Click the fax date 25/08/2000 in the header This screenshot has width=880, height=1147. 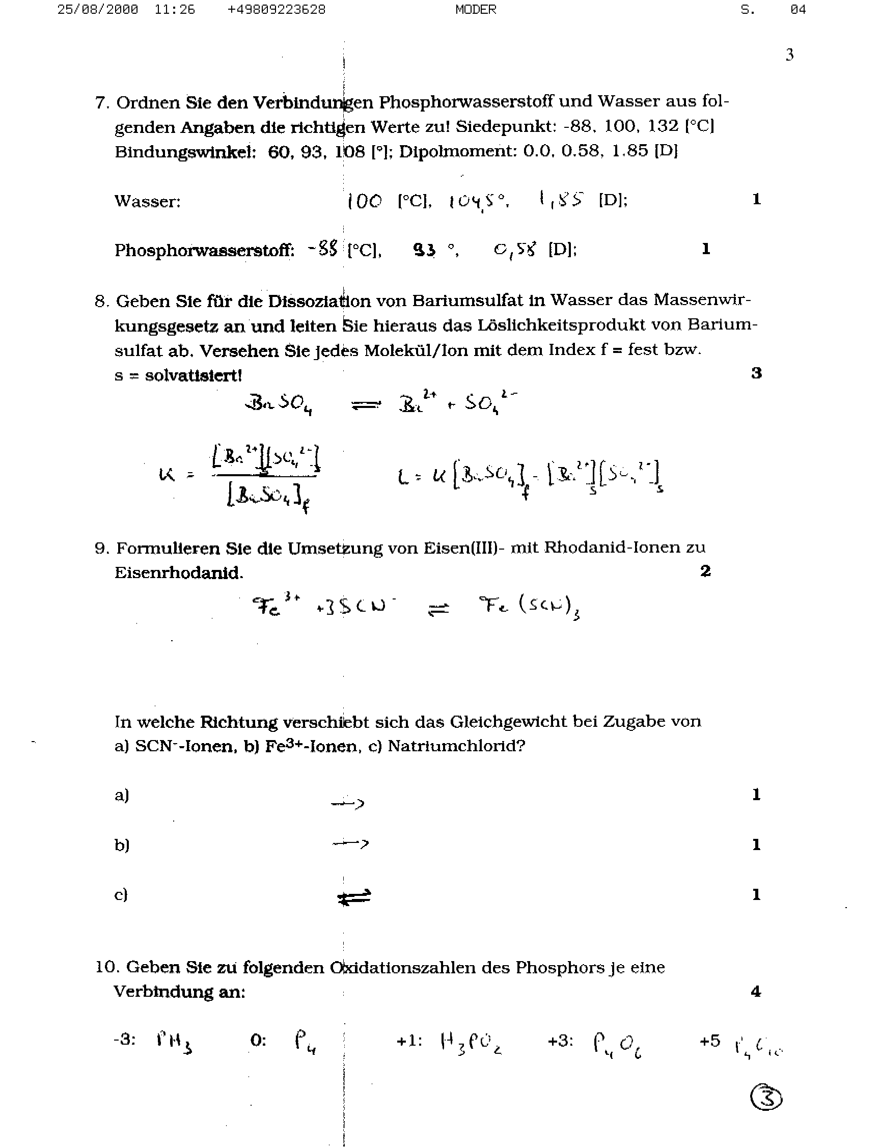coord(97,10)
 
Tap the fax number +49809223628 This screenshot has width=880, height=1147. coord(276,10)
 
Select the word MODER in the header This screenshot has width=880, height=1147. coord(476,10)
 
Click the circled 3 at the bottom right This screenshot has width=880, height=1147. coord(766,1097)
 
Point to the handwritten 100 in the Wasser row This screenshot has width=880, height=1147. coord(365,201)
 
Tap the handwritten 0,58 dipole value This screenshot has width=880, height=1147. coord(515,250)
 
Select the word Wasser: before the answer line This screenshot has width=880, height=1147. coord(147,202)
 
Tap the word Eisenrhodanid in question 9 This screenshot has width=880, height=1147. coord(178,572)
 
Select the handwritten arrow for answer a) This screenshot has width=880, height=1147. coord(348,802)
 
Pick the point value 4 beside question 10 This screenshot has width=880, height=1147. coord(755,992)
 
